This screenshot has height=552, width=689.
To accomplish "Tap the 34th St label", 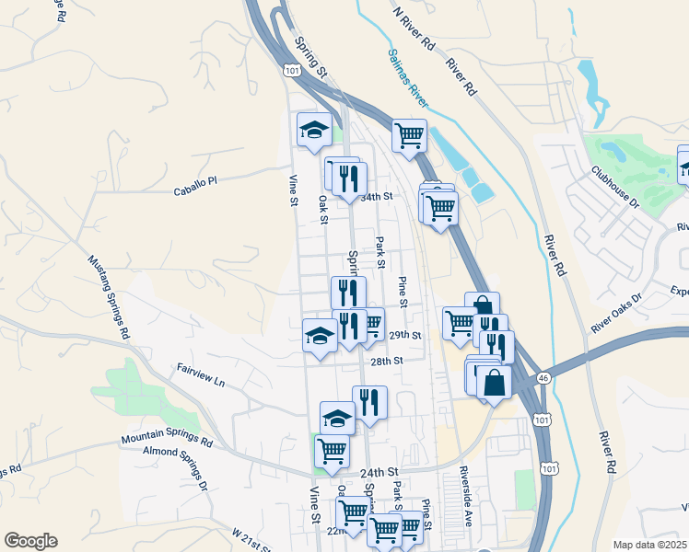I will [377, 197].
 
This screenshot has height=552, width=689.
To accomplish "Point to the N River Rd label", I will [413, 29].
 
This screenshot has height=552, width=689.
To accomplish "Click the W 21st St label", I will [251, 539].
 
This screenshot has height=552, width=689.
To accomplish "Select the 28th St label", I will [388, 362].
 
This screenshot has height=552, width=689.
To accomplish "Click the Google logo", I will [30, 541].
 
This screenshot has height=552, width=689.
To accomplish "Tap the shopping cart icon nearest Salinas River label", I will [409, 136].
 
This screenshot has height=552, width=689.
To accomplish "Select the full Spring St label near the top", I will [311, 55].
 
